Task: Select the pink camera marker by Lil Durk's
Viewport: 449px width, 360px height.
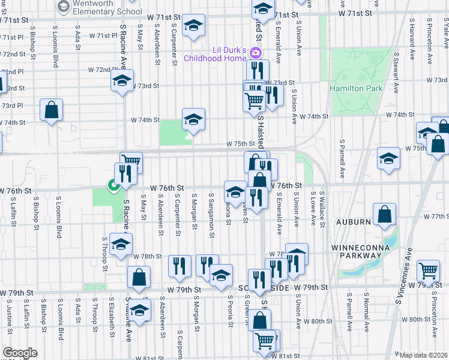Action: point(256,53)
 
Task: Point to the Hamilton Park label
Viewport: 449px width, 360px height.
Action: point(356,88)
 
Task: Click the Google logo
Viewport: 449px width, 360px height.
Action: point(20,353)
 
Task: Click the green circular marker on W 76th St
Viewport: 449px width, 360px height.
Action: point(112,186)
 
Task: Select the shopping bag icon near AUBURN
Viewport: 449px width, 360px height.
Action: point(384,215)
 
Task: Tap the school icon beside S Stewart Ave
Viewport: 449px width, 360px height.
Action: point(388,158)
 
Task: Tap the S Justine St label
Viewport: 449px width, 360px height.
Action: point(10,317)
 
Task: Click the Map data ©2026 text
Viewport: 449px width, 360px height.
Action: point(423,355)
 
